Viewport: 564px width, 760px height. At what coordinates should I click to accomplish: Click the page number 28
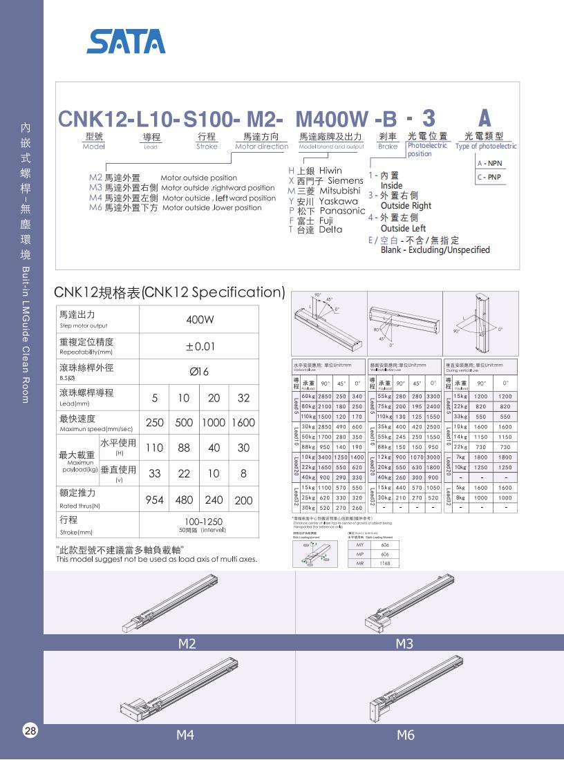(x=30, y=731)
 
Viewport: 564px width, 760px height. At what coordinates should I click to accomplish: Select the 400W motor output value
(x=200, y=320)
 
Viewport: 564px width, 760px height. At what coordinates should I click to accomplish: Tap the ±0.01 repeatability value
(x=200, y=346)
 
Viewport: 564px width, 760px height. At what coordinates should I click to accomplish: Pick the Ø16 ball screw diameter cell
(x=199, y=372)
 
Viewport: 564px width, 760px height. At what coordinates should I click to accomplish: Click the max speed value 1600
(x=243, y=423)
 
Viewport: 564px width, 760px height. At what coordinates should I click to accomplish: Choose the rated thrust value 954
(x=155, y=500)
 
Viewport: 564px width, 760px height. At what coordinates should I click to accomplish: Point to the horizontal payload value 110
(x=155, y=448)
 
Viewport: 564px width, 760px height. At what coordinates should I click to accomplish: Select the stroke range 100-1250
(x=199, y=522)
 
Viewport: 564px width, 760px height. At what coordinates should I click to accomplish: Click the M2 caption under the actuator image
(x=187, y=643)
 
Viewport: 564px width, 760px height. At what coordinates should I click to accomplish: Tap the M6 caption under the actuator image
(x=406, y=735)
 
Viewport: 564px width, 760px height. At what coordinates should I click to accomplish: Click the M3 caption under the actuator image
(x=404, y=643)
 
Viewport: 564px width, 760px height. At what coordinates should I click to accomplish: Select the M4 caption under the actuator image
(x=185, y=735)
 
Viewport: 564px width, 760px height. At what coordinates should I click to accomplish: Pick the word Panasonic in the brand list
(x=343, y=211)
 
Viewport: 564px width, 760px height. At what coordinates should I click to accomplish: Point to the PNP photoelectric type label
(x=494, y=177)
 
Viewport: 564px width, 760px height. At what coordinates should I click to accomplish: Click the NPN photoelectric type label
(x=494, y=164)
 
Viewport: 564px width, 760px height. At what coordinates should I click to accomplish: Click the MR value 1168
(x=384, y=563)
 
